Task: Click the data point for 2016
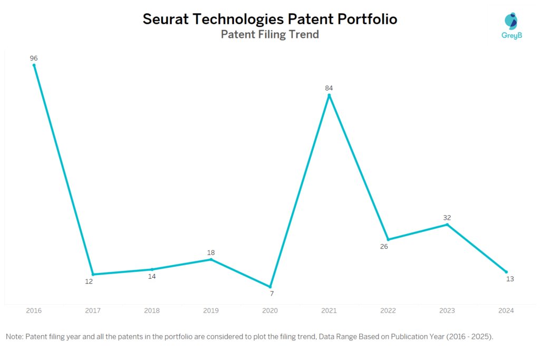pos(34,65)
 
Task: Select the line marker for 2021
pos(329,95)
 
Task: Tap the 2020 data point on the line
pos(270,287)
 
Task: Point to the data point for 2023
pos(447,225)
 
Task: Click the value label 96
pos(34,58)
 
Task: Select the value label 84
pos(329,88)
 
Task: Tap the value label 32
pos(447,217)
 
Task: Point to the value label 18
pos(211,252)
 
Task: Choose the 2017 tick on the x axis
pos(93,311)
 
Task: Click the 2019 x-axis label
pos(211,311)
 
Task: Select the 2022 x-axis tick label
pos(388,311)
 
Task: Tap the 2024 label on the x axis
pos(506,311)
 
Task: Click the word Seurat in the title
pos(167,20)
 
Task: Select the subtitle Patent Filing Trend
pos(269,35)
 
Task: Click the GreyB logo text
pos(511,35)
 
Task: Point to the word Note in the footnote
pos(14,336)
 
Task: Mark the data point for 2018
pos(152,269)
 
